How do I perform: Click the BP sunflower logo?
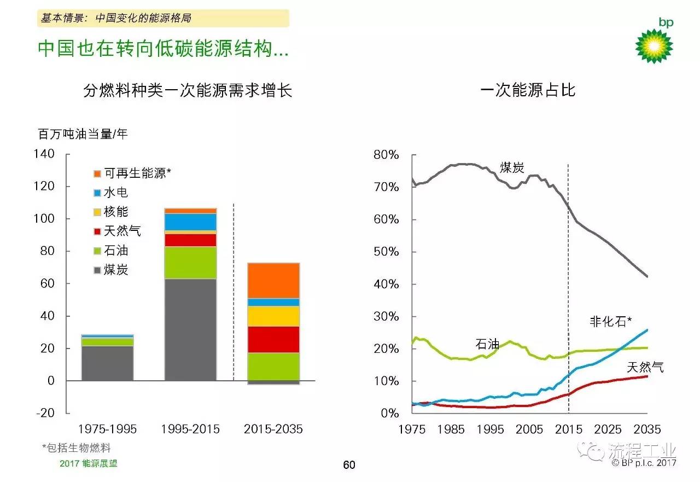coord(654,45)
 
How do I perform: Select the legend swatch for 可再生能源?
coord(97,174)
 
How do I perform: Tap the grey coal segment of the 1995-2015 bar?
coord(190,329)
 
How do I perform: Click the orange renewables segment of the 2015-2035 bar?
coord(274,281)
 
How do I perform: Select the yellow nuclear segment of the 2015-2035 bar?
coord(274,316)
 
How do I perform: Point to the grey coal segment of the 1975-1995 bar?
coord(107,363)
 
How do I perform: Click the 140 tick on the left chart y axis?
coord(45,154)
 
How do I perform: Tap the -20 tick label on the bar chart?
coord(45,413)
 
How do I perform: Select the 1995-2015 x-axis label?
coord(190,429)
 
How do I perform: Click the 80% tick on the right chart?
coord(386,155)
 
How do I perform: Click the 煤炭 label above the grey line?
coord(512,167)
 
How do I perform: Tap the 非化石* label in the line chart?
coord(611,322)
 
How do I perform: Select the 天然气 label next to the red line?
coord(645,367)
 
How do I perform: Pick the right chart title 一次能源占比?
coord(528,90)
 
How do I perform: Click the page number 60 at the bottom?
coord(349,465)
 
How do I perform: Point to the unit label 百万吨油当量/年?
coord(83,134)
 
